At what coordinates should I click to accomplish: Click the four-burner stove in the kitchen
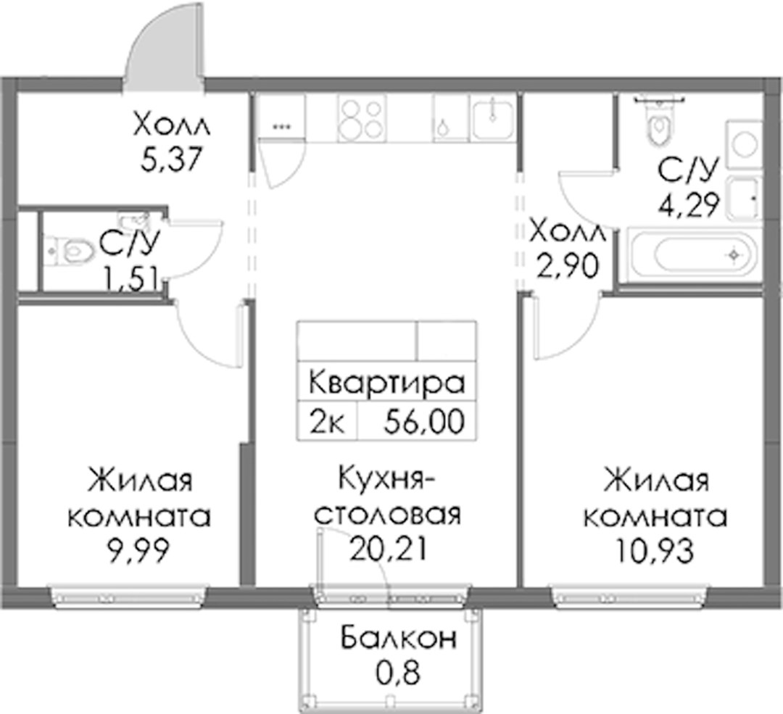click(x=362, y=118)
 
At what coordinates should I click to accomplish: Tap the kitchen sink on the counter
click(x=492, y=119)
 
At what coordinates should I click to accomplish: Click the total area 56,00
click(x=424, y=420)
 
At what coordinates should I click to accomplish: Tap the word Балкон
click(x=399, y=638)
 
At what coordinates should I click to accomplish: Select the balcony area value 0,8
click(x=399, y=673)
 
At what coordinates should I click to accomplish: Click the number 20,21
click(x=389, y=549)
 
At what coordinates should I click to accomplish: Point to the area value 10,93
click(x=655, y=551)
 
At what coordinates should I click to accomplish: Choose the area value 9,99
click(x=138, y=551)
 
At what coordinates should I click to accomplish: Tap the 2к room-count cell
click(x=326, y=420)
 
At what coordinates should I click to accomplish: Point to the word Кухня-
click(x=387, y=479)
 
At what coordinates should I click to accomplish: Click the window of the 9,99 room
click(x=128, y=595)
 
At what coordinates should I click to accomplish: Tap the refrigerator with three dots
click(x=281, y=118)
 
